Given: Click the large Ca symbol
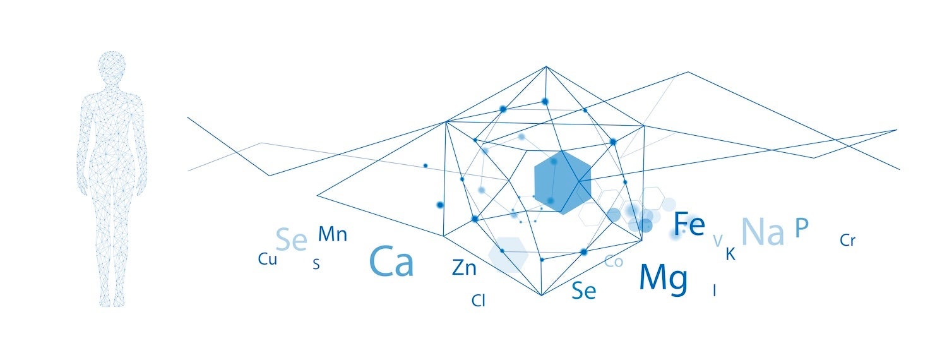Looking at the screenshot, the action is [391, 261].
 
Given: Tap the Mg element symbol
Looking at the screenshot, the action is [663, 279].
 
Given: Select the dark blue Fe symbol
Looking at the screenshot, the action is [688, 224].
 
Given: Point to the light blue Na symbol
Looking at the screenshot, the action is [763, 231].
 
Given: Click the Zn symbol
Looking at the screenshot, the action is [464, 268].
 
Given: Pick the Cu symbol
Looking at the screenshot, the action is [268, 259].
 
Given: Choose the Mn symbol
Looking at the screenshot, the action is [332, 234].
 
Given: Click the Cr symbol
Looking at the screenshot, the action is [848, 241].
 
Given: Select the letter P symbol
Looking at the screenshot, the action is [802, 227].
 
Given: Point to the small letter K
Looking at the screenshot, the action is [730, 255].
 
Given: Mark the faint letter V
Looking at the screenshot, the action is [717, 241].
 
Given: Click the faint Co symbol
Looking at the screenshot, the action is [614, 261].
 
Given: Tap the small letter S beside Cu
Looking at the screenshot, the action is [316, 265].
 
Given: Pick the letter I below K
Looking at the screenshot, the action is [714, 291].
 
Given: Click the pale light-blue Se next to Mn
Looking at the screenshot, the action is [292, 240].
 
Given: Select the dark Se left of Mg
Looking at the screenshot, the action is [583, 291].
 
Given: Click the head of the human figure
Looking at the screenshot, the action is [112, 68].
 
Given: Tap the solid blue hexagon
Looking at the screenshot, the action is [563, 182].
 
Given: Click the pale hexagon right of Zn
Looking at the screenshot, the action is [508, 253].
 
